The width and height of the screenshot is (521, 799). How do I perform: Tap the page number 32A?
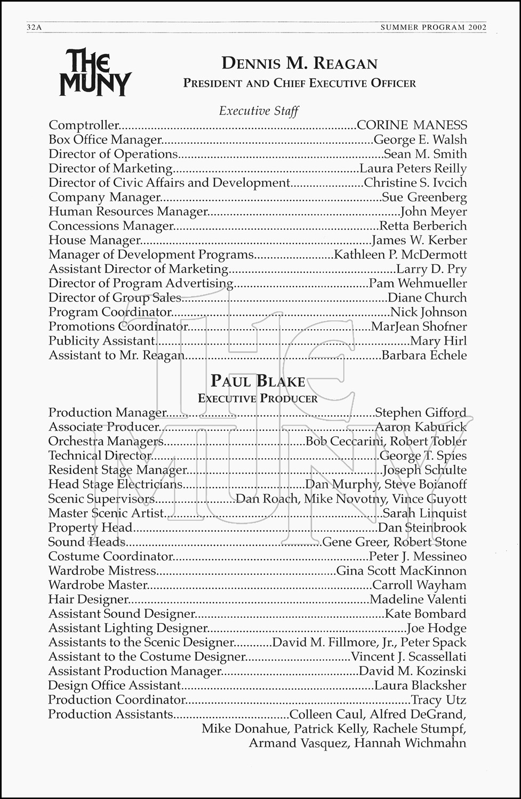[x=34, y=28]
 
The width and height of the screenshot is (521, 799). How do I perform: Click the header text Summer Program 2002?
[x=433, y=28]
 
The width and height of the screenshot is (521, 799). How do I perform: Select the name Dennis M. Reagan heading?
[x=299, y=64]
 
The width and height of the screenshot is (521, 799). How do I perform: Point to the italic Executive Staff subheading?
[x=259, y=111]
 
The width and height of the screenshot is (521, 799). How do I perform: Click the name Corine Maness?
[x=412, y=125]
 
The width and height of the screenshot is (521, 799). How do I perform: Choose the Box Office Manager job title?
[x=105, y=140]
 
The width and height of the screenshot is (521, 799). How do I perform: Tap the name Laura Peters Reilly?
[x=413, y=168]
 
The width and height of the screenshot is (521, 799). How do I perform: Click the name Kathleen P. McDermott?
[x=400, y=255]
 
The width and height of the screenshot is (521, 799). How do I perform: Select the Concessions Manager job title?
[x=111, y=226]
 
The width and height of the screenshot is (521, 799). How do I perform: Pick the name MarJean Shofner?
[x=419, y=327]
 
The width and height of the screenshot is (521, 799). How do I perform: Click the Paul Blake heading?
[x=258, y=381]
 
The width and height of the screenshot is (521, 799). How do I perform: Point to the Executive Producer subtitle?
[x=258, y=398]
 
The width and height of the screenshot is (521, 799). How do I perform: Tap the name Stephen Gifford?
[x=421, y=412]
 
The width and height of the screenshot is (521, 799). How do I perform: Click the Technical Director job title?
[x=100, y=455]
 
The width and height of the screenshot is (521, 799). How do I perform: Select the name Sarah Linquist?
[x=424, y=513]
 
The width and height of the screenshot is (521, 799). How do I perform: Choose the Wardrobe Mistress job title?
[x=102, y=571]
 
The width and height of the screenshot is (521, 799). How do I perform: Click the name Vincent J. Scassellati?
[x=408, y=657]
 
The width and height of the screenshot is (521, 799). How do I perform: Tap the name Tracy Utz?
[x=438, y=700]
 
